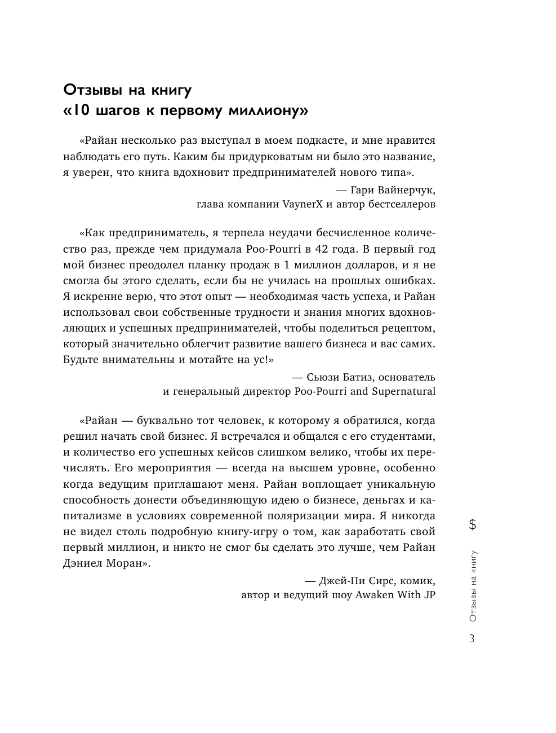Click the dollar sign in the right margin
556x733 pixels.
point(472,525)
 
